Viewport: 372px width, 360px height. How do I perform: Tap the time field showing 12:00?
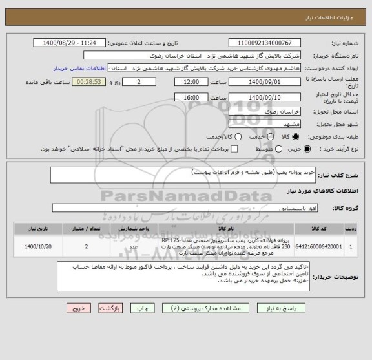[x=191, y=83]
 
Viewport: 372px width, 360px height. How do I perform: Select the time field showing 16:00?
[x=191, y=97]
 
